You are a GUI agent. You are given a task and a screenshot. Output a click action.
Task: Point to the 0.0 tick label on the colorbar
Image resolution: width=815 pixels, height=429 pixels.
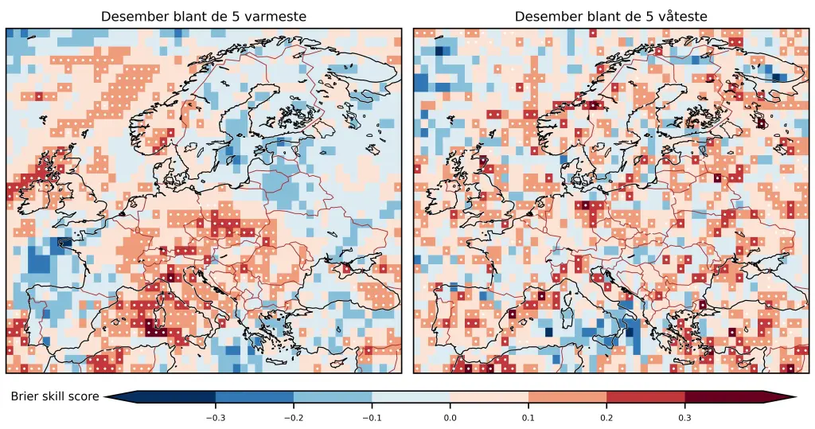tap(450, 416)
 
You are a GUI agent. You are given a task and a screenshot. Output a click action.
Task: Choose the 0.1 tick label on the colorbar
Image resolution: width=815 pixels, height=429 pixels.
tap(528, 416)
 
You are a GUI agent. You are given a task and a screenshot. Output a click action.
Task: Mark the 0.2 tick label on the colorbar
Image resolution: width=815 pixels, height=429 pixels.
tap(606, 416)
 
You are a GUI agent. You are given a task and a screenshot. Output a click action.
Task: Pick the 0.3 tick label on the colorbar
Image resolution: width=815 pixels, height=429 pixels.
tap(684, 416)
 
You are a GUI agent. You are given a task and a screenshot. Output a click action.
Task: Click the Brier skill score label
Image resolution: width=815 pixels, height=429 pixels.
tap(55, 396)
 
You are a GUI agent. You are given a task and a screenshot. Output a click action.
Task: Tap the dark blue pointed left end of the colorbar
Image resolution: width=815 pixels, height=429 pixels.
tap(119, 396)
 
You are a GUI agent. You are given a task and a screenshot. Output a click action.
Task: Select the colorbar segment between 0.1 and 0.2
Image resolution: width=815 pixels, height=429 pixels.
tap(567, 396)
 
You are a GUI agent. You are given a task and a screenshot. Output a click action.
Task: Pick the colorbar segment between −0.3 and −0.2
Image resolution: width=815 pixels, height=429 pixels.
tap(254, 396)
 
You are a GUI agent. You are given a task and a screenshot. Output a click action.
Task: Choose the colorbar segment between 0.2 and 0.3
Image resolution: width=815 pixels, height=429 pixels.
tap(645, 396)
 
